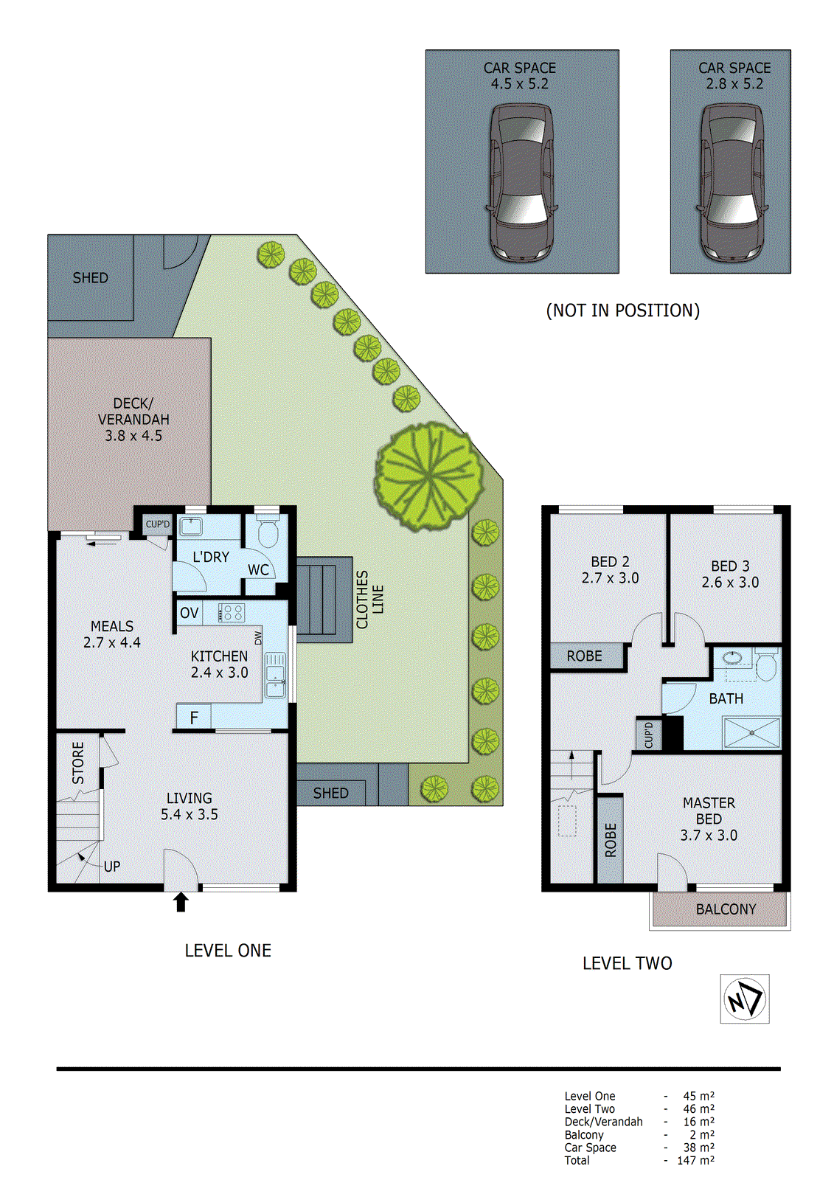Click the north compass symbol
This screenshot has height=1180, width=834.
(744, 999)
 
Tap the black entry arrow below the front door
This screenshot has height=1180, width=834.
(181, 902)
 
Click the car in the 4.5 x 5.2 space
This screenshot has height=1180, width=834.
(522, 182)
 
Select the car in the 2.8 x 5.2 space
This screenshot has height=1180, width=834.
(732, 182)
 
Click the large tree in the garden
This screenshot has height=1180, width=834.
(429, 476)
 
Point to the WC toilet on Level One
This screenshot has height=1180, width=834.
(268, 532)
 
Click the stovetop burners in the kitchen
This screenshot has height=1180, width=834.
(232, 612)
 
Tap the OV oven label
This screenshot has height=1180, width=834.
(189, 613)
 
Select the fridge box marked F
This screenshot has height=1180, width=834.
(194, 718)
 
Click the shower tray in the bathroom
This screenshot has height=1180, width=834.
(751, 733)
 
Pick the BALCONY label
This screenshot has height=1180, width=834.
(726, 909)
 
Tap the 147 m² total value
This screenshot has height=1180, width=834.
(695, 1160)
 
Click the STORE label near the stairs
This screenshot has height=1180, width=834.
(78, 763)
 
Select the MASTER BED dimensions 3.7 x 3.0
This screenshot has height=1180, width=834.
(708, 835)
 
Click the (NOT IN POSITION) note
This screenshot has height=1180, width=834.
(622, 310)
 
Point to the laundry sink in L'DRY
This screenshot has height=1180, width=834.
(191, 527)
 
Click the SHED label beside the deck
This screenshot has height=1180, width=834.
(90, 278)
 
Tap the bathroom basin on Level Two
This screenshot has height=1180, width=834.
(733, 657)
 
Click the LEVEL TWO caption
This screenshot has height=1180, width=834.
(627, 963)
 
